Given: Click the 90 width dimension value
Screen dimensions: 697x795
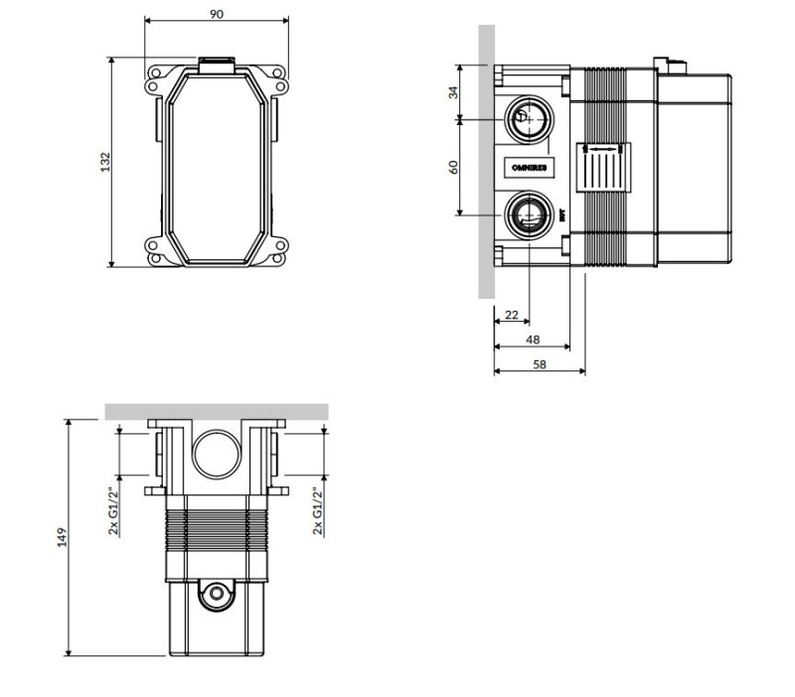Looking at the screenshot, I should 217,14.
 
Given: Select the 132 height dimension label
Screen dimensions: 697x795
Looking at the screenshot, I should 102,161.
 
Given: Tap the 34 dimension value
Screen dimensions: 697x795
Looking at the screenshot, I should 453,92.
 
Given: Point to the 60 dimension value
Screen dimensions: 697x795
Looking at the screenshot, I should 453,166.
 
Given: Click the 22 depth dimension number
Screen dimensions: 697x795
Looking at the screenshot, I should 511,315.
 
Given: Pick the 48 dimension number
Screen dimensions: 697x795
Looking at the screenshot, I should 532,339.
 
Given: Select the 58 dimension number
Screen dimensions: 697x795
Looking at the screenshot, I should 539,364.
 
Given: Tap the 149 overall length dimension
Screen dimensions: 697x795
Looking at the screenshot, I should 62,537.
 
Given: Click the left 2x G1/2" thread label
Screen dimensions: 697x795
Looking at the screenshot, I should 113,510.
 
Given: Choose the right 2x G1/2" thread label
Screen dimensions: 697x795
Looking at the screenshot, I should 318,510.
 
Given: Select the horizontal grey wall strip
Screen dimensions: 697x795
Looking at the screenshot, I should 217,411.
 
